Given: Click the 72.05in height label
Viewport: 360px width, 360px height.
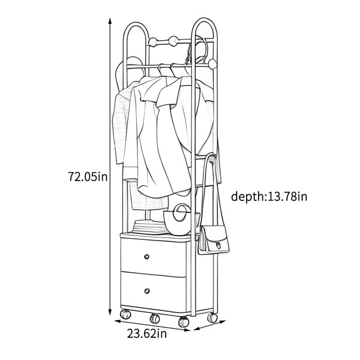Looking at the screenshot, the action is (88, 177).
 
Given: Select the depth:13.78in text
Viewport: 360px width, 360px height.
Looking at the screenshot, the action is (269, 197).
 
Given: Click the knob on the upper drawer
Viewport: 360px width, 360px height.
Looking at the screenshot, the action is (146, 256).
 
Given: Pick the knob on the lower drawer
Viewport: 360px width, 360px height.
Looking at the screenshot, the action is (147, 291).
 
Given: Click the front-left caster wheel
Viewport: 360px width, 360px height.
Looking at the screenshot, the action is (125, 314).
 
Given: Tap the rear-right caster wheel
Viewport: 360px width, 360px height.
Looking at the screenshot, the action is (212, 317).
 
